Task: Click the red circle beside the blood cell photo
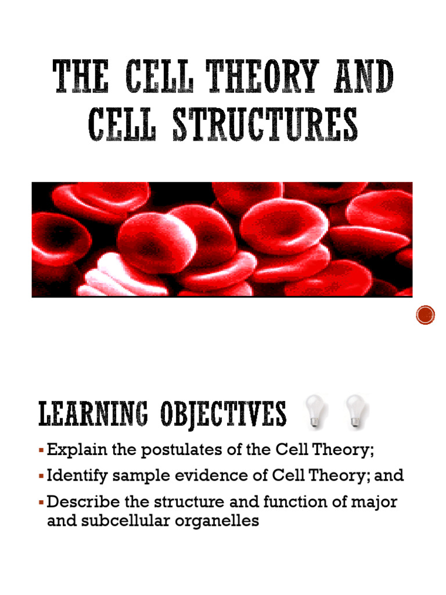[x=426, y=316]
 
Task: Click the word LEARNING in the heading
[x=95, y=415]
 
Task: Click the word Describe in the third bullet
[x=78, y=502]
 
